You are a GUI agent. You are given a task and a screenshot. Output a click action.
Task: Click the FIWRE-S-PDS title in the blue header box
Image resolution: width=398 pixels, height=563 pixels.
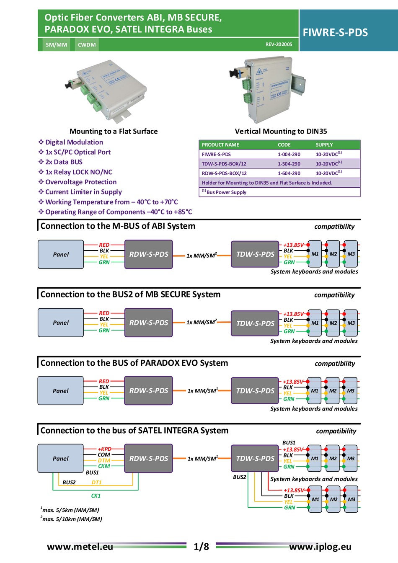click(335, 33)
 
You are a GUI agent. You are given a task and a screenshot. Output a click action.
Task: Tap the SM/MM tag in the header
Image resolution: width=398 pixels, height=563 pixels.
click(56, 45)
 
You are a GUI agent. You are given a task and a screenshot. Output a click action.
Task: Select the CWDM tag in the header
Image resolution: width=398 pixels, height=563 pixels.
click(87, 45)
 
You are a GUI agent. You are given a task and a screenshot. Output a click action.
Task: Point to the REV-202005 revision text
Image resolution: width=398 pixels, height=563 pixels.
click(279, 44)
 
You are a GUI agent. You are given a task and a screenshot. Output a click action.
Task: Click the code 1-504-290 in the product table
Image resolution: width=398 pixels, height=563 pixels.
click(289, 164)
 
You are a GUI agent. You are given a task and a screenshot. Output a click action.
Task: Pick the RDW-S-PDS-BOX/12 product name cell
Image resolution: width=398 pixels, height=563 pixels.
click(224, 173)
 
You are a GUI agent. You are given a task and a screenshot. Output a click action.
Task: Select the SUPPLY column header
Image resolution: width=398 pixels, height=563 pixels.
click(324, 145)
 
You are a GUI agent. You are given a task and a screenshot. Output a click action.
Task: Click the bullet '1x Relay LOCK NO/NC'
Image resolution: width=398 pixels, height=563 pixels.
click(78, 172)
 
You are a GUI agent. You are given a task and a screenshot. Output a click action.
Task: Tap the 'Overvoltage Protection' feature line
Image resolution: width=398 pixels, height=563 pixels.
click(81, 182)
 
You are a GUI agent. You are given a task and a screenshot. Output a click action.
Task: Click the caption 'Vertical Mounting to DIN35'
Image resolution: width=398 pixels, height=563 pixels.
click(281, 131)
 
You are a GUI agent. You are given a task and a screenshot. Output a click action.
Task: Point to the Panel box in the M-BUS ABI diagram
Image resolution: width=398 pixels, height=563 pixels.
click(61, 254)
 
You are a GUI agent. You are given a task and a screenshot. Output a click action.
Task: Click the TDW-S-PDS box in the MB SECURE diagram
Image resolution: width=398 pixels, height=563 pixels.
click(255, 323)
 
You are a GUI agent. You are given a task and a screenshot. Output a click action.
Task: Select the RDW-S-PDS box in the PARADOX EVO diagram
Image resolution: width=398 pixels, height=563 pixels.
click(148, 390)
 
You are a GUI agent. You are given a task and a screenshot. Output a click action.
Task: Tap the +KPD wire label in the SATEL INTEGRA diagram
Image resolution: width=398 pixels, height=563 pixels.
click(104, 449)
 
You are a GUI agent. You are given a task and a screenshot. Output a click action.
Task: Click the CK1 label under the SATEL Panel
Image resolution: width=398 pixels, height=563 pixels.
click(96, 496)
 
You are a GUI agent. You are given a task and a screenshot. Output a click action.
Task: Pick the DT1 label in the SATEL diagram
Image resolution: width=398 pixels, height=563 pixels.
click(96, 483)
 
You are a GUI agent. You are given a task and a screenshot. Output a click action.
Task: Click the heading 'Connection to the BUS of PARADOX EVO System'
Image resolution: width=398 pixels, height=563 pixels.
click(134, 363)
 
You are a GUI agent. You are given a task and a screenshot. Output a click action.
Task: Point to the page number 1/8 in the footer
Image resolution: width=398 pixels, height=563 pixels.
click(201, 547)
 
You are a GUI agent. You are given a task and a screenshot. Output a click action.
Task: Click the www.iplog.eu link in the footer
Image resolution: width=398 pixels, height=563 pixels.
click(320, 547)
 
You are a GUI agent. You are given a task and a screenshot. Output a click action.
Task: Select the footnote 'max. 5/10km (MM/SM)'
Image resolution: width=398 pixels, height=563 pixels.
click(72, 519)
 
